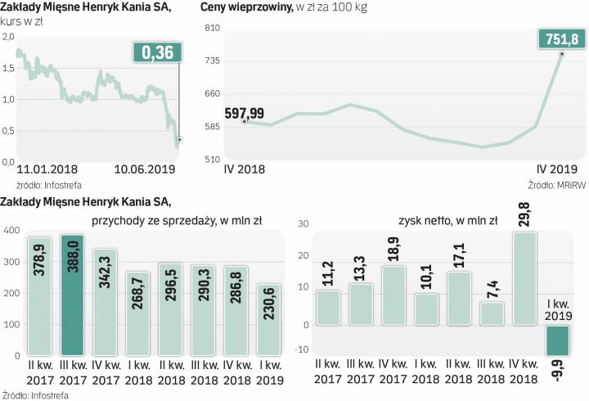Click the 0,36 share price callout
[x=158, y=53]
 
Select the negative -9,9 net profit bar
[x=558, y=340]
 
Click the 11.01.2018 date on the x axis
[x=47, y=169]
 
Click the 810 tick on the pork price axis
[x=212, y=28]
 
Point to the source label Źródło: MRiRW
[x=556, y=185]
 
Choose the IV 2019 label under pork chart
[x=560, y=169]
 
